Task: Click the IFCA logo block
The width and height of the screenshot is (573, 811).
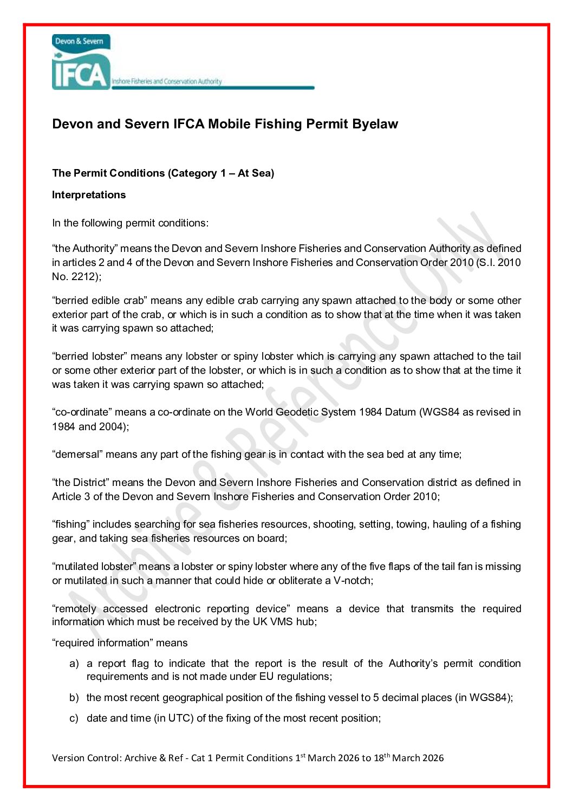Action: [x=81, y=62]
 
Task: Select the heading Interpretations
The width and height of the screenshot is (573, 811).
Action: [x=89, y=195]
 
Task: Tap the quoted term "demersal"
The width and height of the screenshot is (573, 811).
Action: [x=76, y=455]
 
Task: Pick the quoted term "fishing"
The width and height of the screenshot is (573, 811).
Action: [x=70, y=524]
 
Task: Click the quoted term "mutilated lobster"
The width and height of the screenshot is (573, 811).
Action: [x=94, y=567]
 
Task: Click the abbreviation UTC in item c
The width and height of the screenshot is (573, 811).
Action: [x=179, y=718]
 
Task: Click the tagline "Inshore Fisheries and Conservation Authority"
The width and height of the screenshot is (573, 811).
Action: [x=167, y=82]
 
